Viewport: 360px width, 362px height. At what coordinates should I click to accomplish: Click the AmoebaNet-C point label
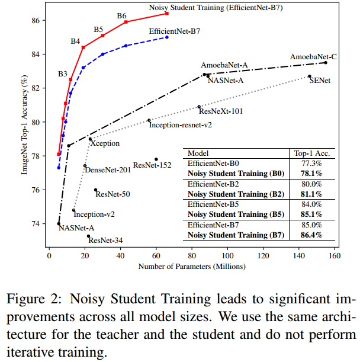point(313,57)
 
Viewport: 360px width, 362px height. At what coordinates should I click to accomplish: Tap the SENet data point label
point(321,81)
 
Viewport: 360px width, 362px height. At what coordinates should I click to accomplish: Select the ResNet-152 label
point(152,165)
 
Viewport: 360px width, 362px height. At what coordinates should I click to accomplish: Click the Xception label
point(104,143)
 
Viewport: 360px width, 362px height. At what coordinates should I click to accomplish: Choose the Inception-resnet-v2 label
point(180,125)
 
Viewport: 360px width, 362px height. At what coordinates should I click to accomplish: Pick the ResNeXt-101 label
point(221,111)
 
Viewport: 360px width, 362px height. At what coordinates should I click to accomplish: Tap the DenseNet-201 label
point(108,170)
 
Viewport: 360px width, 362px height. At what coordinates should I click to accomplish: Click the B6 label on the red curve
point(121,15)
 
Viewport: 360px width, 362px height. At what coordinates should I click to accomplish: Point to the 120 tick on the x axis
point(263,256)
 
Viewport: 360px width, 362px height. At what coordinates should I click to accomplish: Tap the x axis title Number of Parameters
point(192,266)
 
